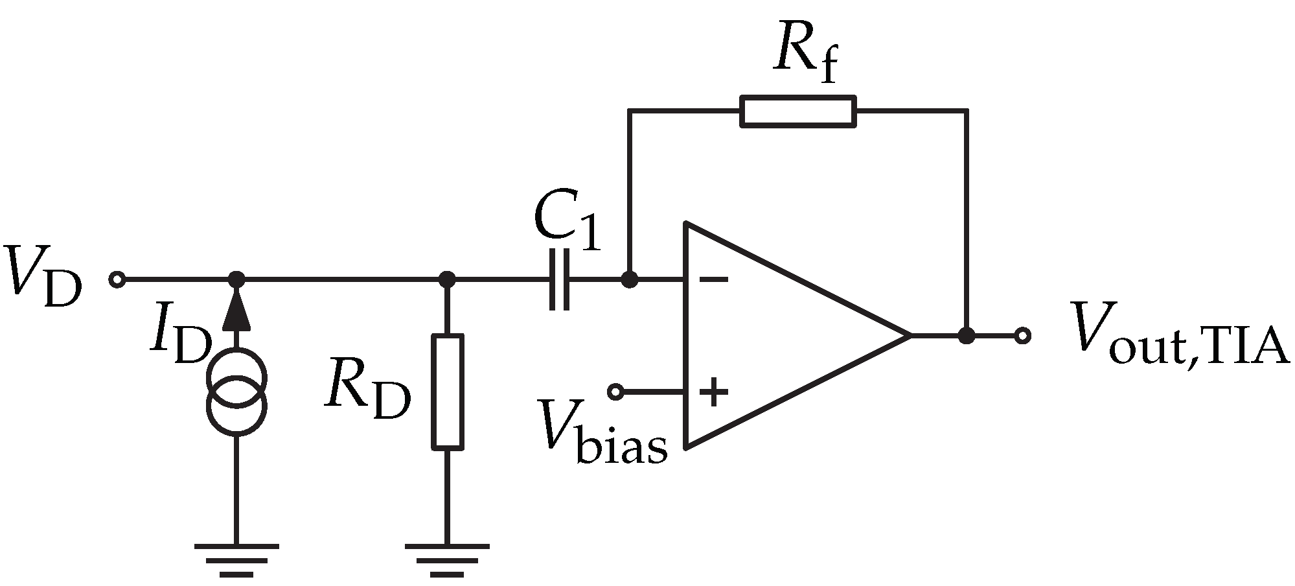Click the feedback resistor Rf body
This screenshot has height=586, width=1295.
click(x=797, y=111)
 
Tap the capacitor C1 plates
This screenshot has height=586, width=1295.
click(x=559, y=280)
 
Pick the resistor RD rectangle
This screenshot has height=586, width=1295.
click(x=448, y=392)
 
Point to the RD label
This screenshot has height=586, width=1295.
click(x=367, y=390)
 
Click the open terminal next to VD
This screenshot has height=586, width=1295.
click(x=117, y=280)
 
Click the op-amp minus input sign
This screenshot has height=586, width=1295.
click(x=715, y=281)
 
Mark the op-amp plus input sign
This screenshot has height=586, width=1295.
click(x=714, y=392)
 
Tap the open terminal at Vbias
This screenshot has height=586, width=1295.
click(x=615, y=392)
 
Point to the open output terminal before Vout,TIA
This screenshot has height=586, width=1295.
click(x=1022, y=336)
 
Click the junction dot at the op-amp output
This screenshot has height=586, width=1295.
click(x=967, y=336)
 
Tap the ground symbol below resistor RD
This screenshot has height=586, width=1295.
click(x=447, y=559)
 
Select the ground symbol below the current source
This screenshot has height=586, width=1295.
click(x=236, y=559)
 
